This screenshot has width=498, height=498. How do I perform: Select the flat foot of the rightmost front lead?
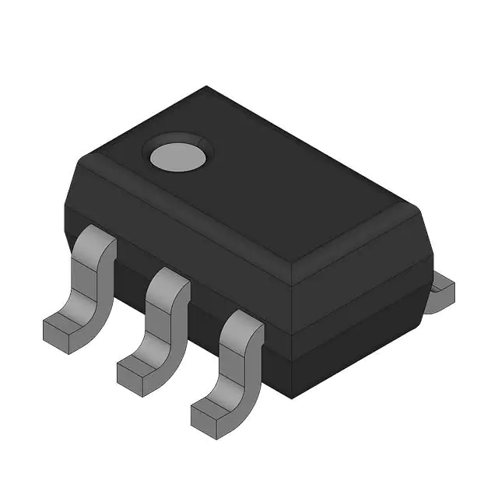pos(210,409)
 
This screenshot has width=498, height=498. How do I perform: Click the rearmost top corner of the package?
pos(207,86)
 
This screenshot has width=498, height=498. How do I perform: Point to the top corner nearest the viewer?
pos(290,265)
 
